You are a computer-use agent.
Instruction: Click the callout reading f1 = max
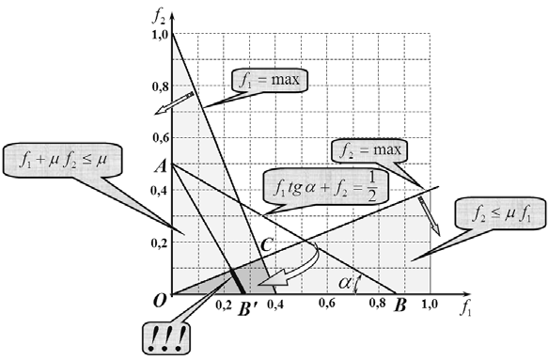tap(270, 80)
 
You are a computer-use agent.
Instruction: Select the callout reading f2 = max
tap(369, 151)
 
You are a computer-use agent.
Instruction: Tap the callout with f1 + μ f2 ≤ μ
tap(63, 160)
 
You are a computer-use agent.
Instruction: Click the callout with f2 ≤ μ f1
tap(500, 213)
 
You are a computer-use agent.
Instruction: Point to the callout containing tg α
tap(325, 187)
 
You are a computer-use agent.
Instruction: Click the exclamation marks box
tap(167, 338)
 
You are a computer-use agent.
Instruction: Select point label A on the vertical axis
tap(161, 167)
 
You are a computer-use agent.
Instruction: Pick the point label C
tap(266, 245)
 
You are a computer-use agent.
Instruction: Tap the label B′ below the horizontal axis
tap(248, 308)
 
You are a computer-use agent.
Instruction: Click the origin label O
tap(159, 301)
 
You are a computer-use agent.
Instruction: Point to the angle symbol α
tap(345, 282)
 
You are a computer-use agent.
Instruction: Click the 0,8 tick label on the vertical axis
tap(161, 86)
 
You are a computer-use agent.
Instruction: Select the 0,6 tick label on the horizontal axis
tap(327, 303)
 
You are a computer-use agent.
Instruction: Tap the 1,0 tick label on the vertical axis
tap(161, 35)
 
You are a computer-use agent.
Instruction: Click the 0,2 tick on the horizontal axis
tap(224, 305)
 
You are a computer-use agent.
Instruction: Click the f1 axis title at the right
tap(465, 308)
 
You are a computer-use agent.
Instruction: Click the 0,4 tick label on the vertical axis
tap(160, 191)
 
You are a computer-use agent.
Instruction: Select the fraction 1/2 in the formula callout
tap(372, 187)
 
